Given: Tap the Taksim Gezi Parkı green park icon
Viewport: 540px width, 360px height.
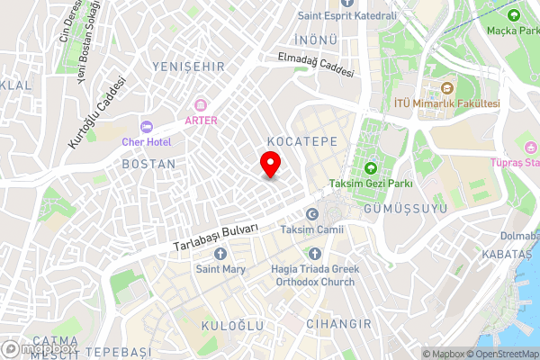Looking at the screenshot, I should [x=370, y=167].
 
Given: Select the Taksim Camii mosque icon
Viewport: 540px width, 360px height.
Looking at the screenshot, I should [x=312, y=214].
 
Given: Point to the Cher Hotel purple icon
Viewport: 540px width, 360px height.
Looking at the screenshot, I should [x=147, y=126].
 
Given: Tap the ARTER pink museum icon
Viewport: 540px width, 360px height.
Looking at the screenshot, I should [x=201, y=104].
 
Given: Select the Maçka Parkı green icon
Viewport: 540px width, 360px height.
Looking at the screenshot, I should [x=514, y=15].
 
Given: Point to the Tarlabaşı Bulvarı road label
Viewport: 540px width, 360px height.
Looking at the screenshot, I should [x=216, y=237].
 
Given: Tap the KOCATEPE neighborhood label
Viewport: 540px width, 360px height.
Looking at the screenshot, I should [x=301, y=142].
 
